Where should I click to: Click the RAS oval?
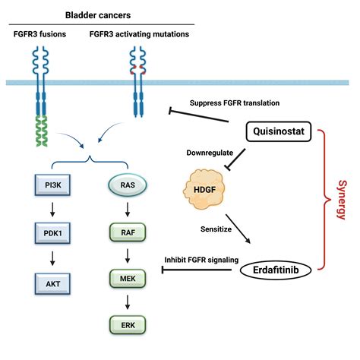(x=118, y=185)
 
